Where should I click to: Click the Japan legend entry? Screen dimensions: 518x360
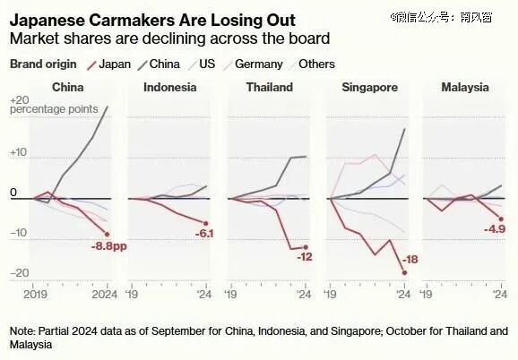109,64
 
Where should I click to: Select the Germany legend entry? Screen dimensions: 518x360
253,64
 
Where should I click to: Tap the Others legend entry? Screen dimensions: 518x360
312,64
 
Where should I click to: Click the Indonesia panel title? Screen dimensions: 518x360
169,87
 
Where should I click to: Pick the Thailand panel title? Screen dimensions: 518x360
270,87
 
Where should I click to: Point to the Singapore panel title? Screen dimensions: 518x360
369,88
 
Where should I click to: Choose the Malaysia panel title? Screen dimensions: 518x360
465,88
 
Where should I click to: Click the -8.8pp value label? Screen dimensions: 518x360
109,246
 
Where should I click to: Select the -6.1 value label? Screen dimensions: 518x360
204,234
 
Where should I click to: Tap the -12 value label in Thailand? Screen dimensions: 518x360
305,257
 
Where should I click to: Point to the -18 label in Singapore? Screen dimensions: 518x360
410,260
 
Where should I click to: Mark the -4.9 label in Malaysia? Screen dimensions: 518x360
495,228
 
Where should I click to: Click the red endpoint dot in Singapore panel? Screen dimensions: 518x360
404,272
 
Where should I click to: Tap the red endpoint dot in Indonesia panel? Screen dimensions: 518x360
205,223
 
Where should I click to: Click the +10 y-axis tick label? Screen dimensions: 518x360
18,152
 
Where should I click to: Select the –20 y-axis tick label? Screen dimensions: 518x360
20,272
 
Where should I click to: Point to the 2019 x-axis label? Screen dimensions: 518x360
35,294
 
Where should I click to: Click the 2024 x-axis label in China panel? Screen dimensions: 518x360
104,294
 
